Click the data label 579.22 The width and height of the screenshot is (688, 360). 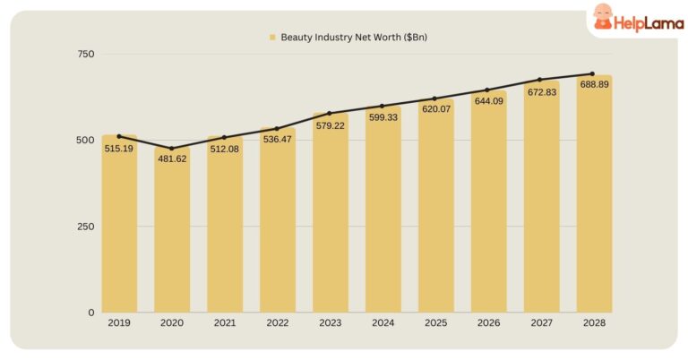330,125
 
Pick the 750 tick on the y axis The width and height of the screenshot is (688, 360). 85,55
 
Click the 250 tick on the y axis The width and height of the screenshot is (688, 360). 85,227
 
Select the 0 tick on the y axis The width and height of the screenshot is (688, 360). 90,313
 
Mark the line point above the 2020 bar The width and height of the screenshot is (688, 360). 172,149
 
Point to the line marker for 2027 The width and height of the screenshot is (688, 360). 540,80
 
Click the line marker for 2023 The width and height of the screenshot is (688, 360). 330,114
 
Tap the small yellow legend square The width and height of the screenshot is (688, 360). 272,38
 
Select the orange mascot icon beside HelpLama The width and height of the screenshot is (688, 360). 604,17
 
